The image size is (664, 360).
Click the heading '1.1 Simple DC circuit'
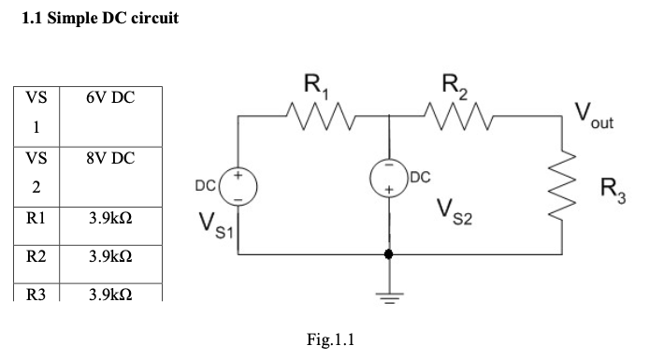pos(99,20)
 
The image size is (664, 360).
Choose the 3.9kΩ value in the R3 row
pos(109,294)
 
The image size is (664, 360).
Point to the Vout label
pos(594,118)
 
